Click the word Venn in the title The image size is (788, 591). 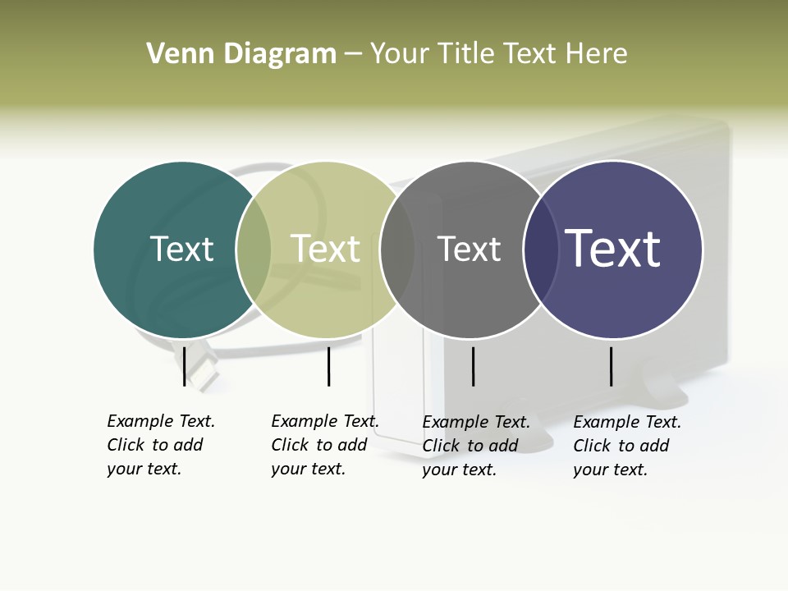176,54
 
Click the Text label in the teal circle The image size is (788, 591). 181,250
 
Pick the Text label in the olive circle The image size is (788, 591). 325,250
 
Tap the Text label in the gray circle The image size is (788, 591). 469,250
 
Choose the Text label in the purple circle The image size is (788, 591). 612,249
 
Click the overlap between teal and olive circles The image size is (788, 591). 254,250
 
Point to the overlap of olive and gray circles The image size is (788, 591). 397,250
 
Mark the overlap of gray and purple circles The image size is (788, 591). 541,250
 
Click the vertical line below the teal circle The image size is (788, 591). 185,366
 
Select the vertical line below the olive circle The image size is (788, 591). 328,366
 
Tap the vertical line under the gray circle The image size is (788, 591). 473,366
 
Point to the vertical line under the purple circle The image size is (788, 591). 612,366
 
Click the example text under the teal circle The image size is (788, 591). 160,445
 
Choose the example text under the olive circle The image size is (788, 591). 324,445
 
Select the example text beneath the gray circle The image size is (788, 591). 475,446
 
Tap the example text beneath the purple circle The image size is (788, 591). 626,446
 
